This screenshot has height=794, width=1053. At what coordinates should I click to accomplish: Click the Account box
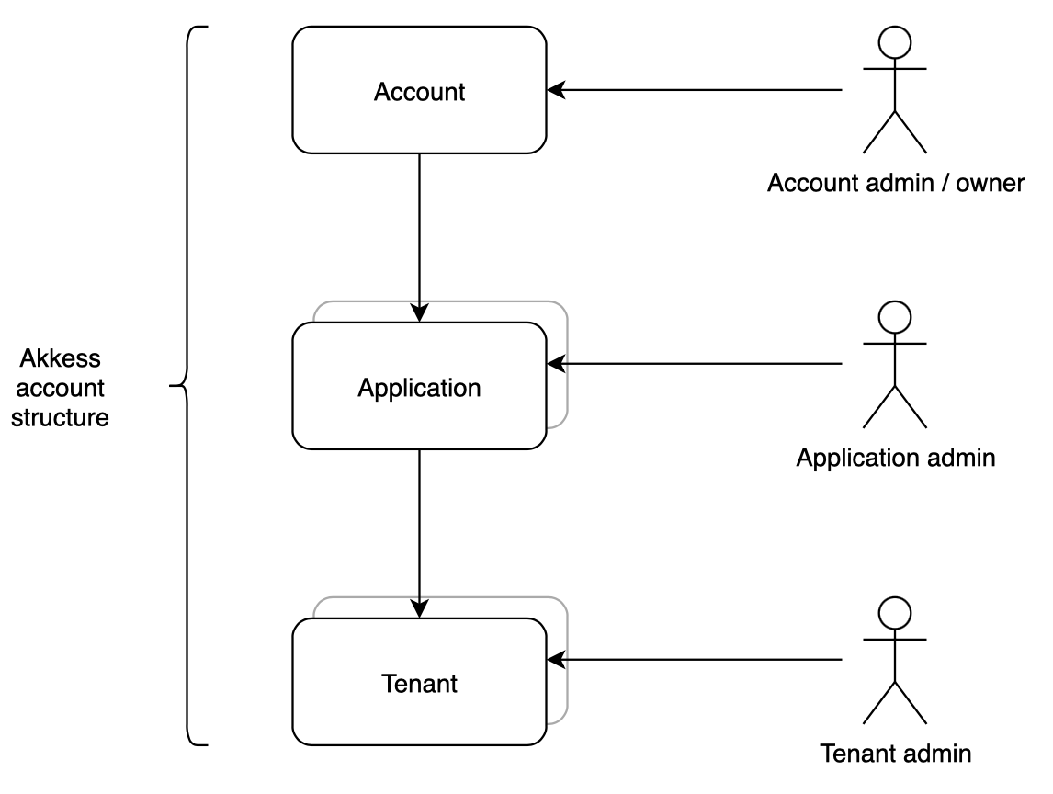(419, 90)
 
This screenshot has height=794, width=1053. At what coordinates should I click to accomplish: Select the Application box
(419, 387)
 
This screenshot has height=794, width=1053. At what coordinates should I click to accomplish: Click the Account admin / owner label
(895, 183)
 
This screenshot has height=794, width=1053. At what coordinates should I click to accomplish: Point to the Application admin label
(895, 457)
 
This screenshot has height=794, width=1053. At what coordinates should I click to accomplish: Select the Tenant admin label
(895, 754)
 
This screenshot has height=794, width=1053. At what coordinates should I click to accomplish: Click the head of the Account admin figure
(895, 41)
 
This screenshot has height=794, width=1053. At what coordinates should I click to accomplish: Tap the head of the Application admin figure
(895, 315)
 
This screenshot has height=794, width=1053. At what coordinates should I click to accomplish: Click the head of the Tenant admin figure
(895, 612)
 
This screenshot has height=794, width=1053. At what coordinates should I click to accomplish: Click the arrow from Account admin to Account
(698, 90)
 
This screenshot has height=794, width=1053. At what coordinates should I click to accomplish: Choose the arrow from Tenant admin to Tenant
(698, 660)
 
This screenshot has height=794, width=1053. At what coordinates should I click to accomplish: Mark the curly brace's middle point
(175, 386)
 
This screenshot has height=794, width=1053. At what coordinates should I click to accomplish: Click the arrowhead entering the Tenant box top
(419, 607)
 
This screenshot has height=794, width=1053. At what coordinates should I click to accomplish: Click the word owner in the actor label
(989, 183)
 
